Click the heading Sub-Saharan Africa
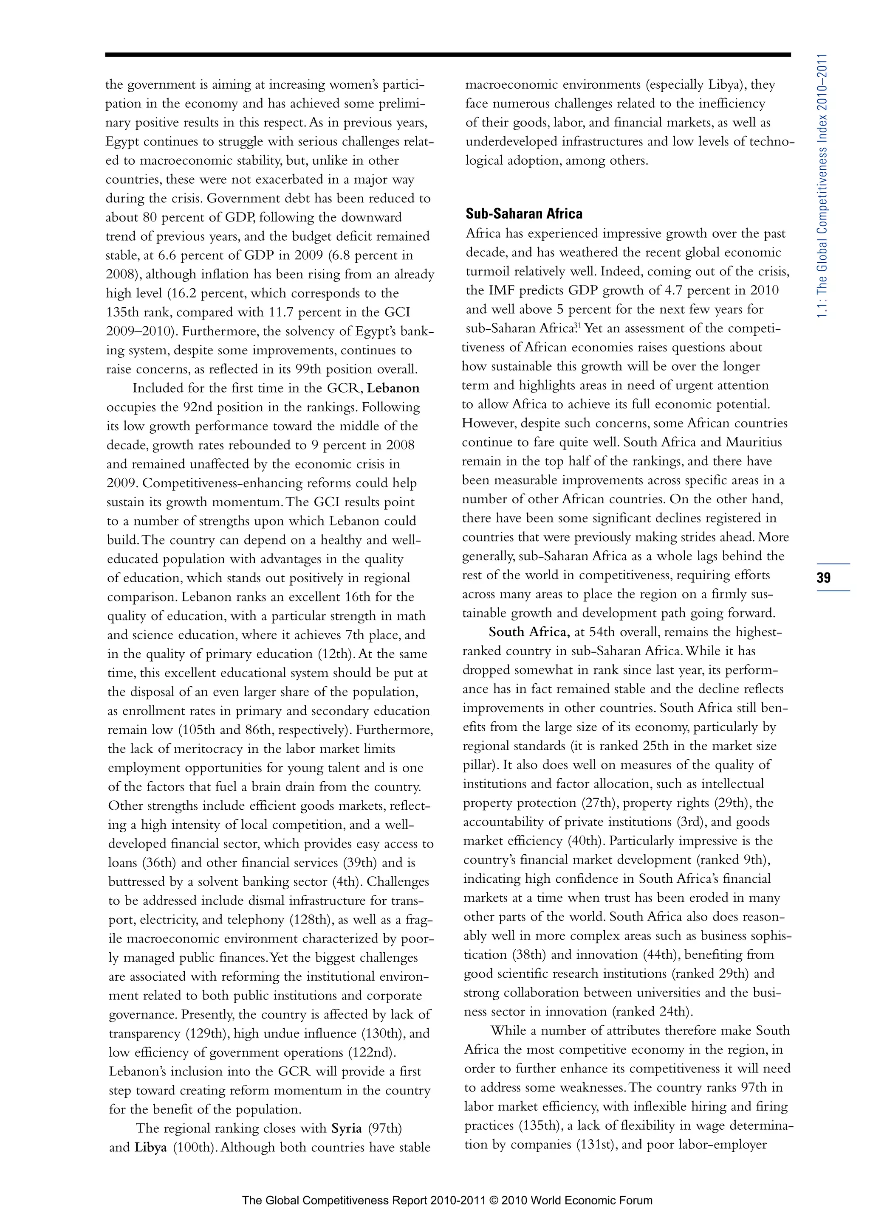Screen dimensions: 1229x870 523,213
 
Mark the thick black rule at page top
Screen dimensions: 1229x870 447,54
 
